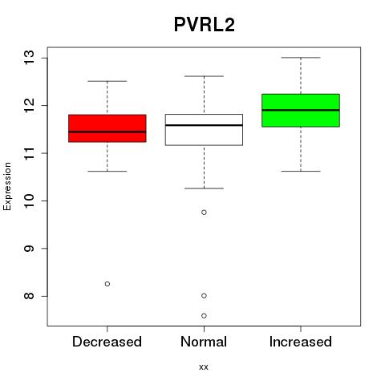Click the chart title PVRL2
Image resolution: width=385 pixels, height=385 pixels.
coord(205,25)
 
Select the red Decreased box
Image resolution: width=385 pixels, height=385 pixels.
coord(107,128)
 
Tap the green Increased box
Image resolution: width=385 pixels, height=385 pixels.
coord(301,111)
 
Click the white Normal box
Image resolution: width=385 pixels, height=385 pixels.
coord(204,130)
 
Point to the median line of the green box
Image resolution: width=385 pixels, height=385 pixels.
coord(301,110)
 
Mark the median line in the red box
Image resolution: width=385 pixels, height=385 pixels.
coord(107,132)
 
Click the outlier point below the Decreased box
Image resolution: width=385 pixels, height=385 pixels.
coord(107,284)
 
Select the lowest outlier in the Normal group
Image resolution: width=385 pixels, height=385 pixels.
coord(204,316)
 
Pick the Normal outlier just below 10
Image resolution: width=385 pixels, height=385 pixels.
coord(204,213)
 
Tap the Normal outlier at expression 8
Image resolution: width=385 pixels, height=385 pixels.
coord(204,296)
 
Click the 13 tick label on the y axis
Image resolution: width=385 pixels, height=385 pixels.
coord(29,58)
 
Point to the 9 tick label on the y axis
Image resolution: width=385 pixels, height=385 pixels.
coord(29,249)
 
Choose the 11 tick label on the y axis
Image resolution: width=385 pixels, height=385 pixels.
coord(29,153)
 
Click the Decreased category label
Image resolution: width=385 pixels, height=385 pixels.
coord(107,342)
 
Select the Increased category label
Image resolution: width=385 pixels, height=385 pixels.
coord(301,342)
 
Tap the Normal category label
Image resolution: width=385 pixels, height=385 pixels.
coord(204,342)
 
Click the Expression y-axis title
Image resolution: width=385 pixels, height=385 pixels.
coord(7,186)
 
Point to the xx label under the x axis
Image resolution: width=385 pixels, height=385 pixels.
coord(204,367)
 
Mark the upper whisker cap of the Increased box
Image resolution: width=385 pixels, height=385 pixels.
coord(301,58)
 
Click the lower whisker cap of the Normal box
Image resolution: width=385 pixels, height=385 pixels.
coord(204,188)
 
